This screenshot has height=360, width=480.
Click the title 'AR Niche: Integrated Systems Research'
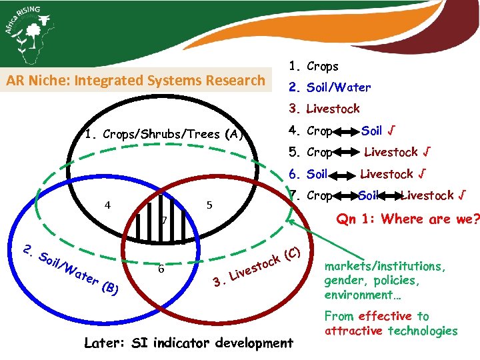point(136,81)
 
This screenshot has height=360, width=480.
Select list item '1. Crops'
point(313,67)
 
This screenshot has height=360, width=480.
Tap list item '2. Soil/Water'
point(329,87)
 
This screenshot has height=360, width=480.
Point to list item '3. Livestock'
point(324,109)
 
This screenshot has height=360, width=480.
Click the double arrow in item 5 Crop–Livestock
point(347,153)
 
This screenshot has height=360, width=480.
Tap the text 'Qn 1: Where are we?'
point(408,219)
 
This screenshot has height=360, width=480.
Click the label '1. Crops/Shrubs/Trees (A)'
point(162,134)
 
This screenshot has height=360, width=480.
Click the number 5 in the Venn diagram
point(209,205)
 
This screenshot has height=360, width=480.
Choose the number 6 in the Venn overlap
point(161,269)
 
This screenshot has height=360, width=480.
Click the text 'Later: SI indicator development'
point(189,343)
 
